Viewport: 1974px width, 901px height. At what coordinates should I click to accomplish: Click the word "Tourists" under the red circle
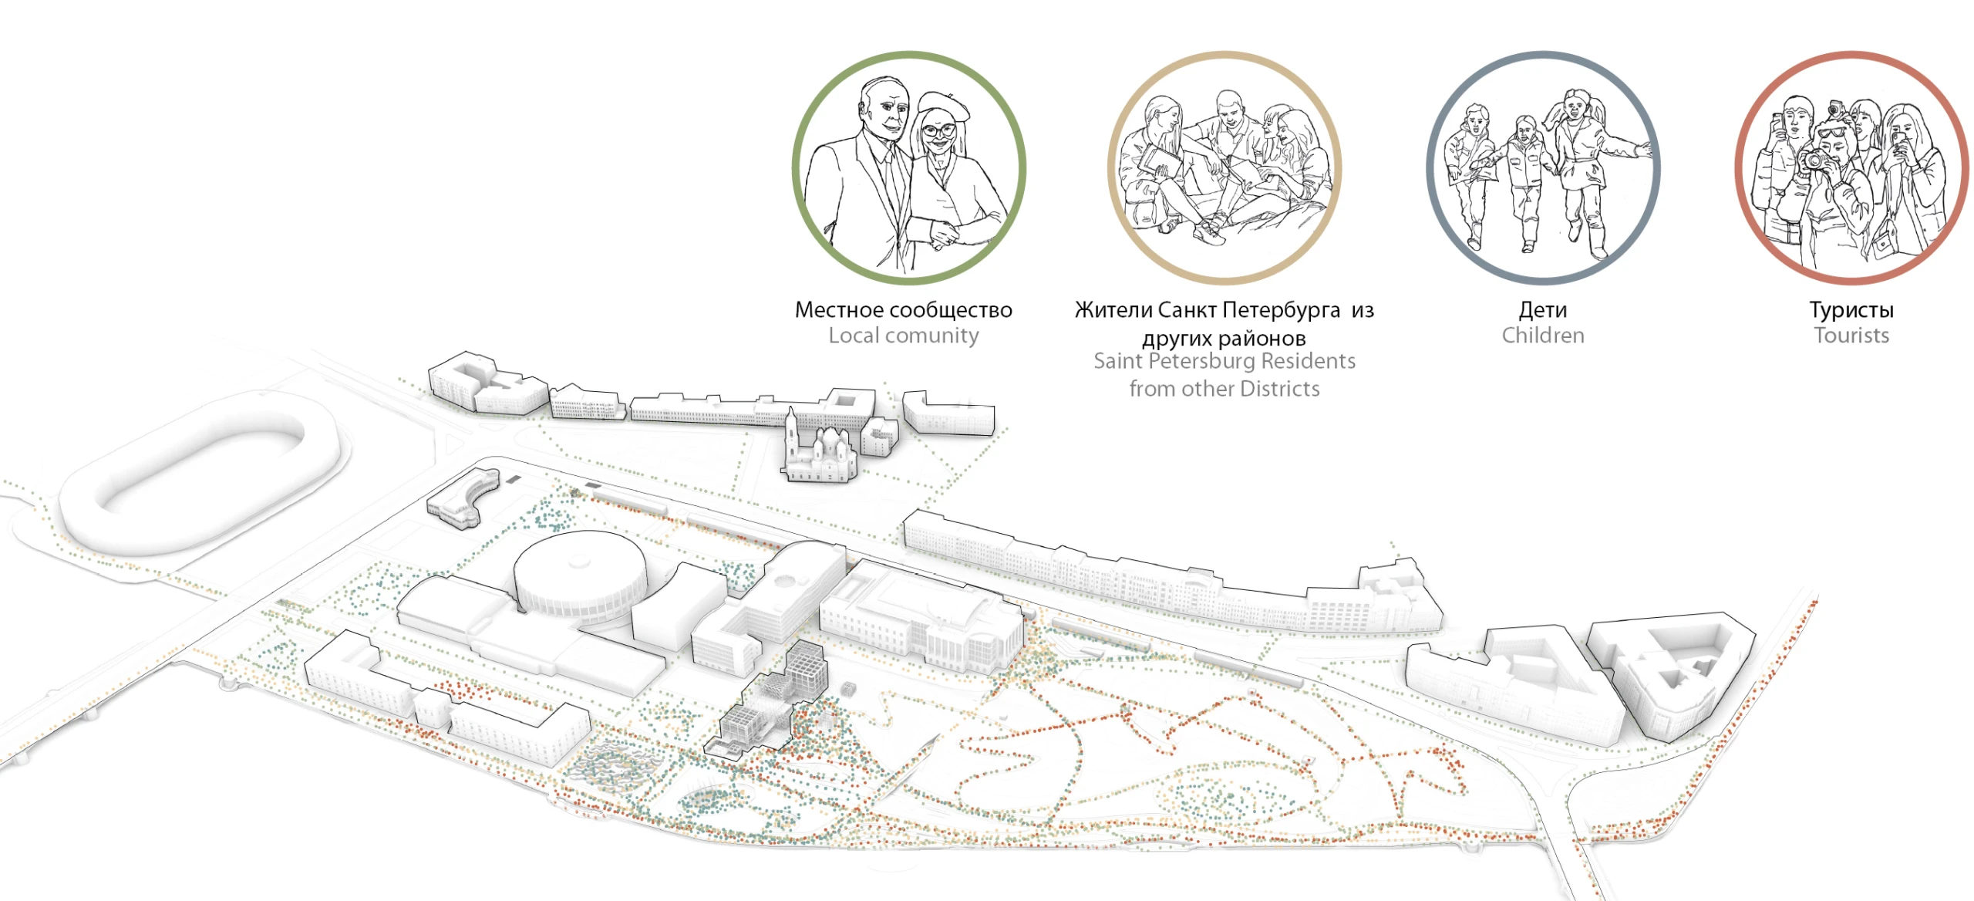(x=1851, y=336)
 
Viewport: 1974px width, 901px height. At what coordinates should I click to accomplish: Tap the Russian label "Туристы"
(x=1851, y=310)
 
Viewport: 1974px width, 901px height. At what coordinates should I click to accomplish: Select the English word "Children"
(x=1543, y=336)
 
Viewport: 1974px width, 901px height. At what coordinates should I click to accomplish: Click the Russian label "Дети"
(x=1543, y=310)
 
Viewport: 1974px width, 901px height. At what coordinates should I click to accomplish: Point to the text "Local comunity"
(x=904, y=336)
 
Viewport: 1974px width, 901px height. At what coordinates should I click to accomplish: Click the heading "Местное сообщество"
(x=904, y=310)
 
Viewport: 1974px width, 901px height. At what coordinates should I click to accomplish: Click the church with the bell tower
(x=818, y=451)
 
